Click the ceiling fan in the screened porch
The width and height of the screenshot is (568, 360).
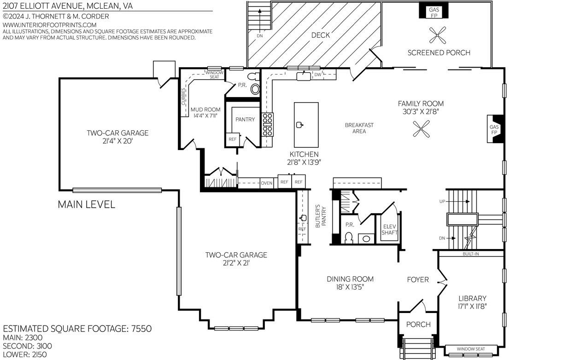[x=438, y=35]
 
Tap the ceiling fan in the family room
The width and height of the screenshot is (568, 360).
[x=421, y=129]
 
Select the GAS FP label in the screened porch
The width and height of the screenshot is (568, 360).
[x=434, y=12]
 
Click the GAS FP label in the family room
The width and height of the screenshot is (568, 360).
[x=494, y=129]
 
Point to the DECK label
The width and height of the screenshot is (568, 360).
[x=321, y=35]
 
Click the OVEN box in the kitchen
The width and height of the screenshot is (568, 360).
[x=267, y=183]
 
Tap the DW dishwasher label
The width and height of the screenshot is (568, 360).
[x=317, y=75]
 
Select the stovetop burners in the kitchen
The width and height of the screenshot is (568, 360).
[x=268, y=124]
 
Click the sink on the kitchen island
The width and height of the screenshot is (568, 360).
[x=300, y=125]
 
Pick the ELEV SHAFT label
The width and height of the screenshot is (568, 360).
[x=389, y=230]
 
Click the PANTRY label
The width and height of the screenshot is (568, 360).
[x=245, y=119]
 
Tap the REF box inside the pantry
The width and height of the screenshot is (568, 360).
[x=233, y=139]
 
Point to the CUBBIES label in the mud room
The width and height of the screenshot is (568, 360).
[x=183, y=97]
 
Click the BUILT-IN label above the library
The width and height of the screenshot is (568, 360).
[x=471, y=254]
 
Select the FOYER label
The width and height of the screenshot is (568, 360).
[x=418, y=280]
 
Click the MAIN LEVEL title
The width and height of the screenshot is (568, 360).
[x=87, y=204]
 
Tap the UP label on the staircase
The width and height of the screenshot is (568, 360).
[x=442, y=202]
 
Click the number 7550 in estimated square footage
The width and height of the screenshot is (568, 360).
[x=141, y=329]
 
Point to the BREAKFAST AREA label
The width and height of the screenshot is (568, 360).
[x=359, y=128]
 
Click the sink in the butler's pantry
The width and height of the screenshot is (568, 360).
[x=303, y=218]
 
